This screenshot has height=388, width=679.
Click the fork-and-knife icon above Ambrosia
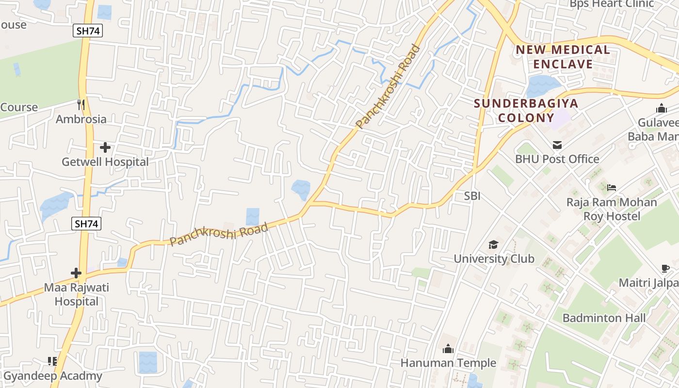pyautogui.click(x=81, y=104)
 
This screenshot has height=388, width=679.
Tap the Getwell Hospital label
pyautogui.click(x=105, y=162)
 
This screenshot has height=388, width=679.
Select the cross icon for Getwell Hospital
pyautogui.click(x=105, y=147)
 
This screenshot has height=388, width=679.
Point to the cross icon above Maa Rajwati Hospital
pyautogui.click(x=76, y=273)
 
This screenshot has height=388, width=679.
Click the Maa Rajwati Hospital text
pyautogui.click(x=77, y=294)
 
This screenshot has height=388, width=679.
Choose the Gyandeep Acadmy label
pyautogui.click(x=53, y=376)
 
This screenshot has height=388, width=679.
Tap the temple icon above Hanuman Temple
pyautogui.click(x=448, y=349)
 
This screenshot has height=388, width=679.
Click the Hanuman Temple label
pyautogui.click(x=448, y=363)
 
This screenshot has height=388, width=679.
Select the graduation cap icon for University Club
pyautogui.click(x=493, y=244)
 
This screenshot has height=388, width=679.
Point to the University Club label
pyautogui.click(x=494, y=259)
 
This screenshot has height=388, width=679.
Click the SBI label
pyautogui.click(x=472, y=196)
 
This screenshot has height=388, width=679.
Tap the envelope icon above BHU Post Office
pyautogui.click(x=557, y=145)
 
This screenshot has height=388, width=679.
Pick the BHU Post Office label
pyautogui.click(x=557, y=159)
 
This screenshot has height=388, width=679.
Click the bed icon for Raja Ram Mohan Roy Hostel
pyautogui.click(x=611, y=187)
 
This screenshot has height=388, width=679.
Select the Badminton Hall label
pyautogui.click(x=604, y=318)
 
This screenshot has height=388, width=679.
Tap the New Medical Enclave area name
pyautogui.click(x=563, y=57)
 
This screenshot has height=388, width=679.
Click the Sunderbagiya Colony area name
pyautogui.click(x=526, y=111)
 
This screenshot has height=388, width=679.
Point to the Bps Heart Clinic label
pyautogui.click(x=612, y=4)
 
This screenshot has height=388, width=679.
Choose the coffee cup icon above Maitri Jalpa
pyautogui.click(x=665, y=268)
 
